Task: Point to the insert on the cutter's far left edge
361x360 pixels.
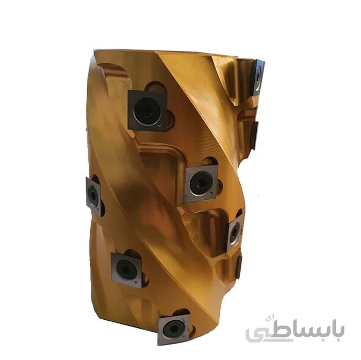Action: pyautogui.click(x=94, y=196)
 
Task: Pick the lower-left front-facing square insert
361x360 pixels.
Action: pyautogui.click(x=126, y=270)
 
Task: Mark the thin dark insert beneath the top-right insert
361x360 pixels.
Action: pyautogui.click(x=254, y=134)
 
